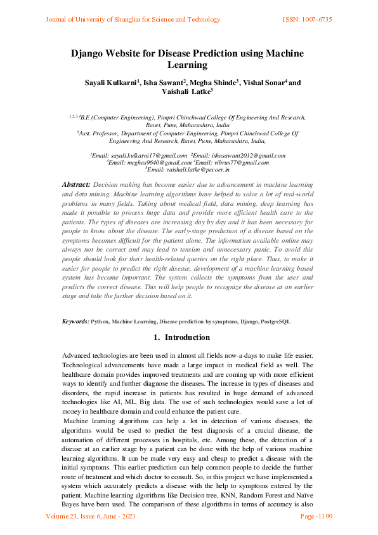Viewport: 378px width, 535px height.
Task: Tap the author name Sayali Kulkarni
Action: point(110,83)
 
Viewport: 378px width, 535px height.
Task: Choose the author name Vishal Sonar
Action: point(263,83)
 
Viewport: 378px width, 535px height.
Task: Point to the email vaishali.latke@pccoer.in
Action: point(199,170)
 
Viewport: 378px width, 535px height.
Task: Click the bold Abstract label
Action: point(75,183)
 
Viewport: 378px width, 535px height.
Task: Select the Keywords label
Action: point(75,322)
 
